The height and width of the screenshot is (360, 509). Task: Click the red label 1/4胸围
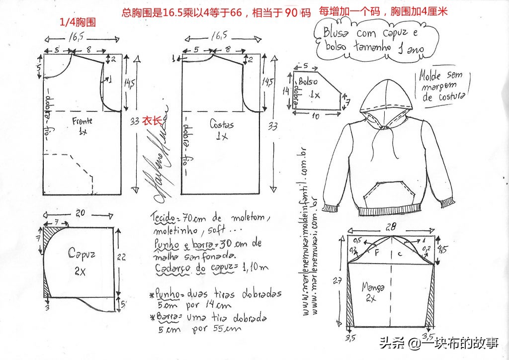pos(78,22)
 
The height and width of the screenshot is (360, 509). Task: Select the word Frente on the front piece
pos(82,121)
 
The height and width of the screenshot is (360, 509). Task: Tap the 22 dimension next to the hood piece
pos(124,258)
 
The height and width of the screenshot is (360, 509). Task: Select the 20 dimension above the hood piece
pos(80,213)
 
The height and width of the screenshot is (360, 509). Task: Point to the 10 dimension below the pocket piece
pos(315,116)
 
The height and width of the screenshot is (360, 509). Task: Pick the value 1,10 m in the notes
pos(255,268)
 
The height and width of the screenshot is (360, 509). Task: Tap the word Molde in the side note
pos(430,76)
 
